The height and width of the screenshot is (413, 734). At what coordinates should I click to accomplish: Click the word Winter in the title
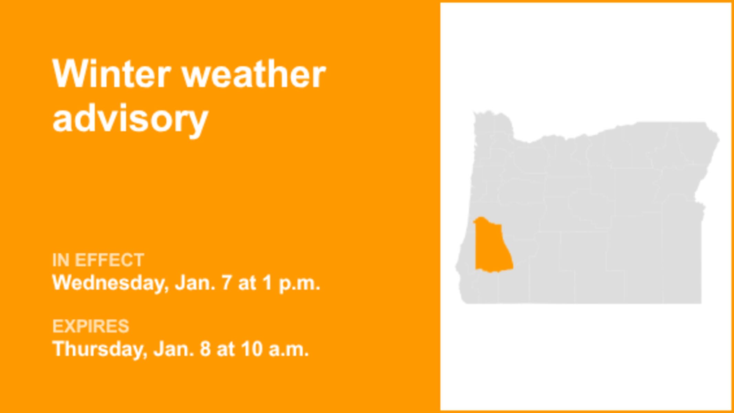pos(112,74)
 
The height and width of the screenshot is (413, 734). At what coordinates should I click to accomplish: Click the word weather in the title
pos(254,74)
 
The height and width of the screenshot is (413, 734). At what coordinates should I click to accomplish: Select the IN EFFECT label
pos(98,260)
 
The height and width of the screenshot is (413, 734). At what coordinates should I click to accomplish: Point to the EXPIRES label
pos(91,326)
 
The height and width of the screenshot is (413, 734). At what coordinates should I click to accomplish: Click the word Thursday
pos(100,349)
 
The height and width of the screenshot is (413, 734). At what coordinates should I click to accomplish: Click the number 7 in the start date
pos(226,283)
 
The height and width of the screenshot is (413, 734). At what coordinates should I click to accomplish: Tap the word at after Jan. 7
pos(247,283)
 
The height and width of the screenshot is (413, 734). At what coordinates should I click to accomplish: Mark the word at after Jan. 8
pos(226,349)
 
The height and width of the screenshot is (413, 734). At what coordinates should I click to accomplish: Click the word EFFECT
pos(109,260)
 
